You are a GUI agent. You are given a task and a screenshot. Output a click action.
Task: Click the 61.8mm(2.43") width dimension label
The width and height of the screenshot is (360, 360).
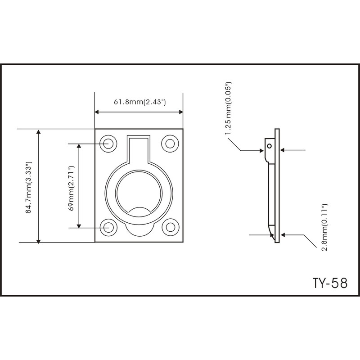tap(139, 102)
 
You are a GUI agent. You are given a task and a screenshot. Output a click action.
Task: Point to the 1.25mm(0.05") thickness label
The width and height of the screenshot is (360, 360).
tap(229, 108)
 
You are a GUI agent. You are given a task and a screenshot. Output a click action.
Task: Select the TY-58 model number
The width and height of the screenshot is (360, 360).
tap(329, 283)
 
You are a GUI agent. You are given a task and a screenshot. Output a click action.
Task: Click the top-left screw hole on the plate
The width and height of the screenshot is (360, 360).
tap(108, 144)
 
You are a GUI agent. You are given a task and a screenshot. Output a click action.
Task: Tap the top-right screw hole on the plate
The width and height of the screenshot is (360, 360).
tap(170, 144)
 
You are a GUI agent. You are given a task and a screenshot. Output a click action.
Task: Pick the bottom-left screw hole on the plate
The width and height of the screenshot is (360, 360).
tap(108, 227)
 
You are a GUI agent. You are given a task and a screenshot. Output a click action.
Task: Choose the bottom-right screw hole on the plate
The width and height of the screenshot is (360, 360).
tap(170, 227)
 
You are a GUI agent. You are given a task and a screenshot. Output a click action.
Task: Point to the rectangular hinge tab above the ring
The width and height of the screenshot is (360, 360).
tap(139, 148)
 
